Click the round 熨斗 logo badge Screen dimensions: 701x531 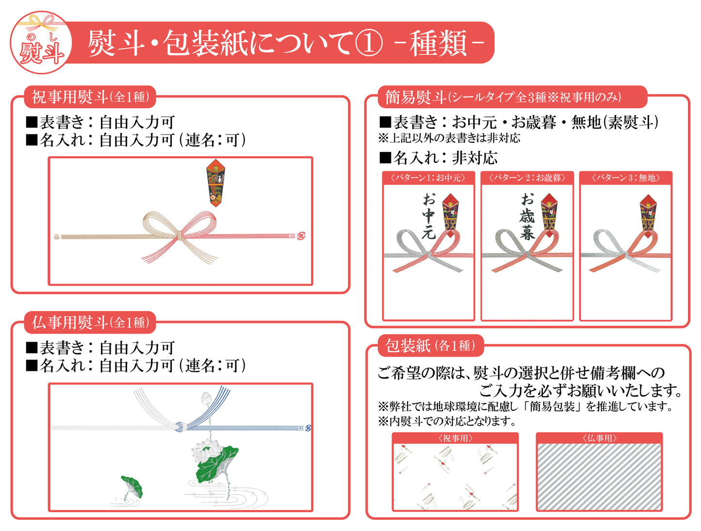pyautogui.click(x=41, y=43)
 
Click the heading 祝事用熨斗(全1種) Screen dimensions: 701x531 pyautogui.click(x=90, y=97)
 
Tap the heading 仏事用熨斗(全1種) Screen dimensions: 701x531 pyautogui.click(x=90, y=322)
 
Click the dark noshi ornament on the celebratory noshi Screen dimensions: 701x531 pyautogui.click(x=215, y=183)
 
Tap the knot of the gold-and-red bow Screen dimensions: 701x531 pyautogui.click(x=179, y=236)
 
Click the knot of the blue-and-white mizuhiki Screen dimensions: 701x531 pyautogui.click(x=181, y=427)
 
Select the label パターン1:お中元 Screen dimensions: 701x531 pyautogui.click(x=428, y=178)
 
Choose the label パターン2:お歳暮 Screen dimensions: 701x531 pyautogui.click(x=527, y=178)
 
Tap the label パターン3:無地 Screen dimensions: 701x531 pyautogui.click(x=626, y=178)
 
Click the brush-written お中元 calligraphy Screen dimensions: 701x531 pyautogui.click(x=429, y=216)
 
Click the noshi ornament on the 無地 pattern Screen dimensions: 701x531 pyautogui.click(x=648, y=216)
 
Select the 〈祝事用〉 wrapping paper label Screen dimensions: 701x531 pyautogui.click(x=455, y=438)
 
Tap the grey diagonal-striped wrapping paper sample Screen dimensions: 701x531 pyautogui.click(x=599, y=477)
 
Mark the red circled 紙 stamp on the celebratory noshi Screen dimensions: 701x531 pyautogui.click(x=301, y=236)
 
